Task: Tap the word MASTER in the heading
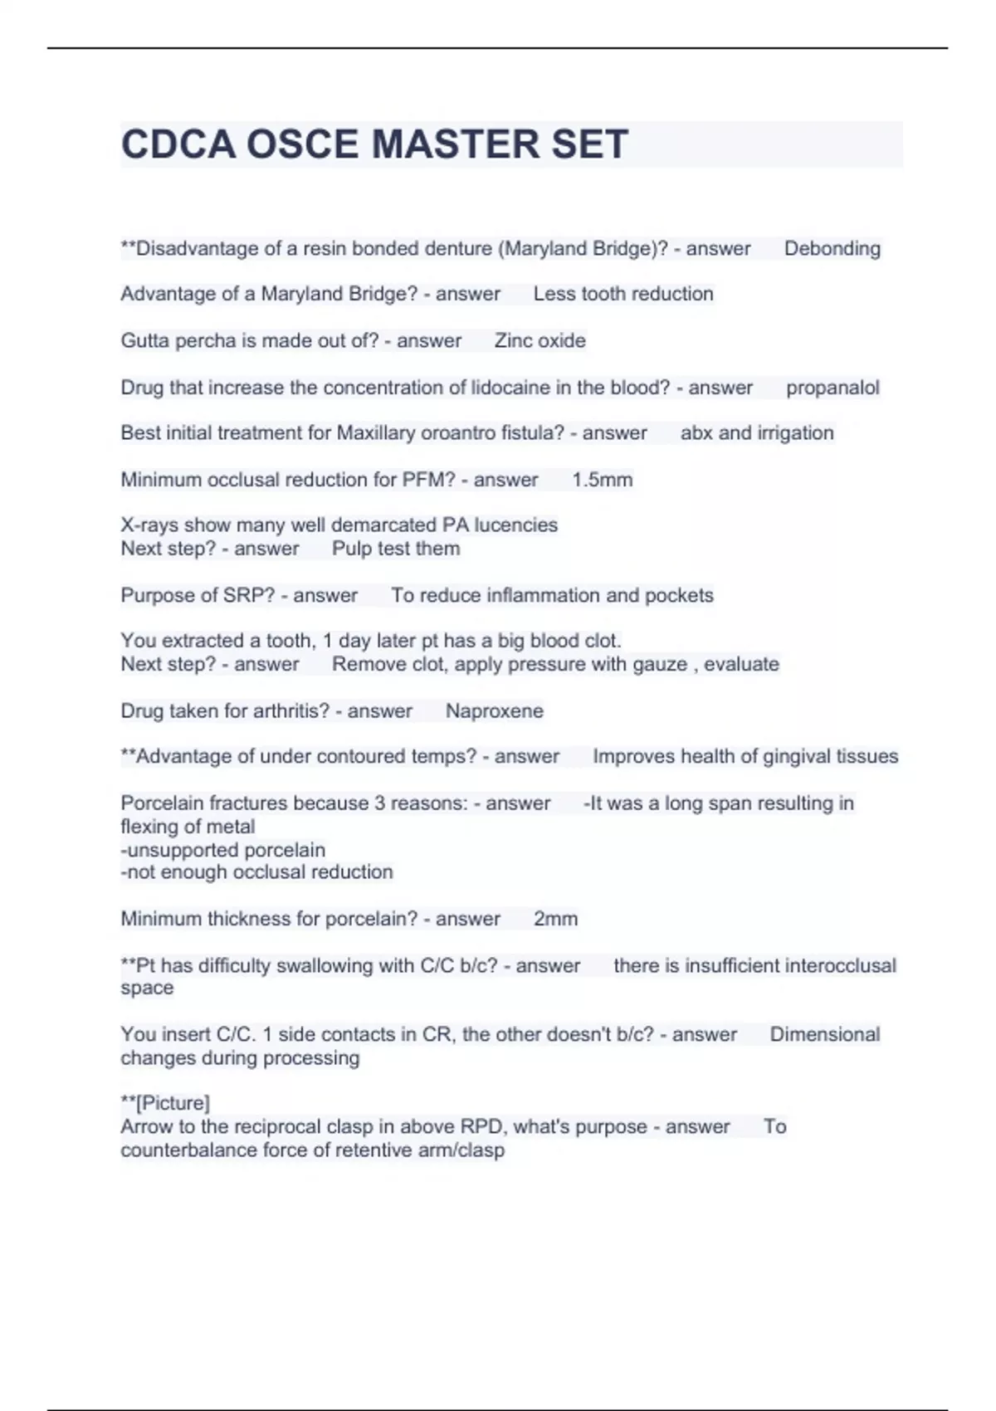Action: (449, 144)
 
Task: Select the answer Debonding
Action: (832, 248)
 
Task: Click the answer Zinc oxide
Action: (539, 340)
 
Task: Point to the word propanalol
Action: (832, 388)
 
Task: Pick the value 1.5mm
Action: (602, 480)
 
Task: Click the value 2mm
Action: (555, 919)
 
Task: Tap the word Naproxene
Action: (494, 710)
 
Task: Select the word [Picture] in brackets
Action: (172, 1103)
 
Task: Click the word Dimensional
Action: (824, 1034)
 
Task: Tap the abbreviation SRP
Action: (244, 595)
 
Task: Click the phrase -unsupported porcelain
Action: (222, 850)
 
